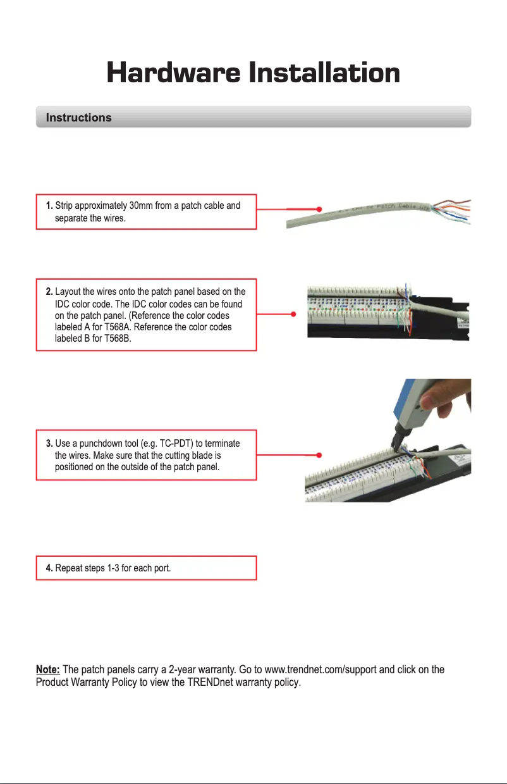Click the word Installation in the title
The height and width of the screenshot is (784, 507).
pos(324,73)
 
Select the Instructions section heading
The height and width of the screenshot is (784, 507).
pos(78,118)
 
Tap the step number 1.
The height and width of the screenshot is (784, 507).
pos(49,206)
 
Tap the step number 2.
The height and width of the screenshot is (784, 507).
pos(49,292)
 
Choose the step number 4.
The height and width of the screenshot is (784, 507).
pos(49,568)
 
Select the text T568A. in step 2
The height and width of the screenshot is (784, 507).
pos(117,327)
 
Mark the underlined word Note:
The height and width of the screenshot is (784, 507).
pos(48,670)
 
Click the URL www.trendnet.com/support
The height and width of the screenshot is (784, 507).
pos(324,670)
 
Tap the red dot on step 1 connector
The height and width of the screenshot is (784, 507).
pos(320,208)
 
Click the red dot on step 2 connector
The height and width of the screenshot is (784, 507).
pos(295,314)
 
